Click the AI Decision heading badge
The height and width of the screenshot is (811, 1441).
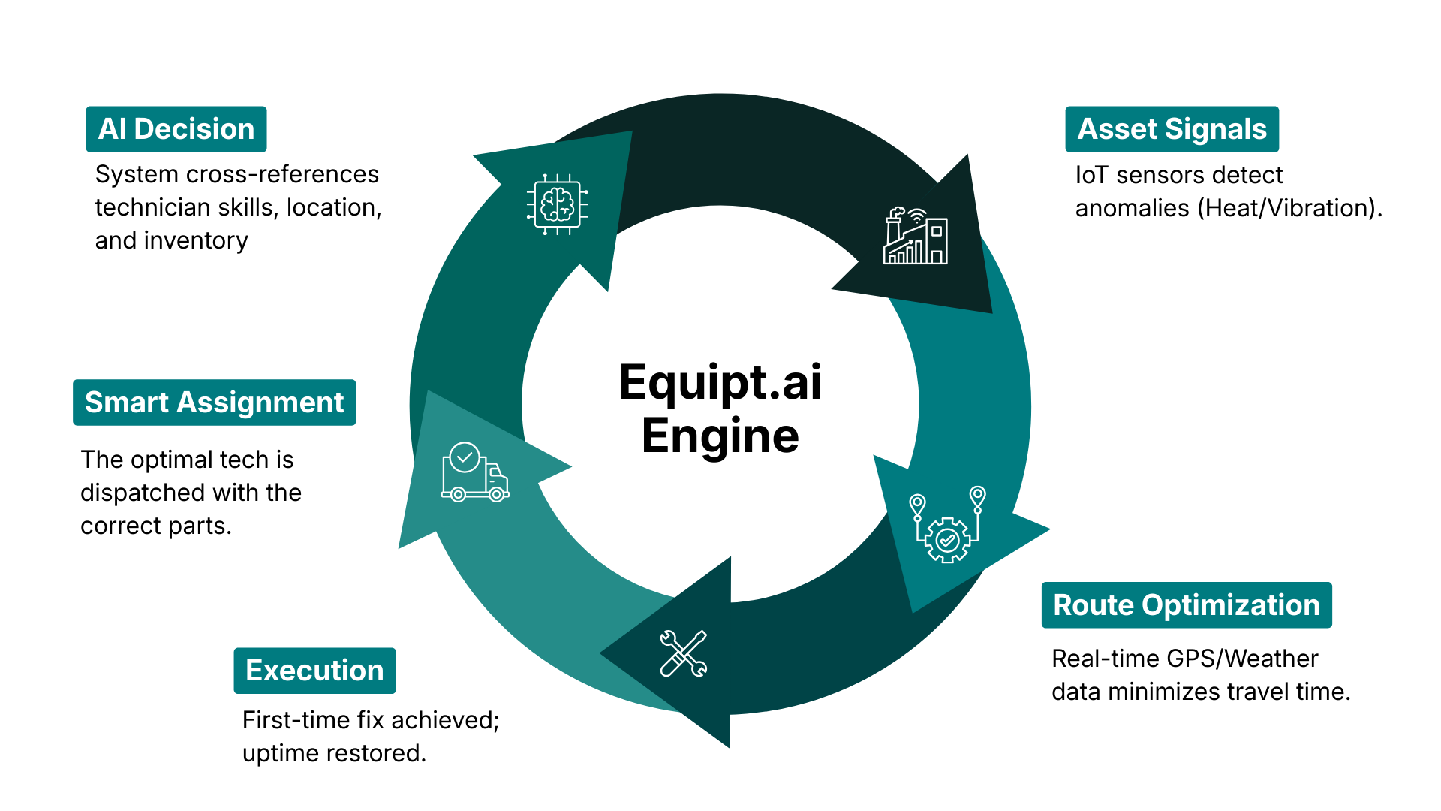(176, 129)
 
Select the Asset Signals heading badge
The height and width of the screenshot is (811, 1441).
(1172, 129)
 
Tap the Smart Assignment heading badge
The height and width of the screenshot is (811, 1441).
(214, 402)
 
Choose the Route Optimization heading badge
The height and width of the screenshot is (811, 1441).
(1186, 605)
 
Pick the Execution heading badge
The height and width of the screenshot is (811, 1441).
(314, 671)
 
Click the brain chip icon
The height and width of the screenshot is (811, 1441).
(557, 204)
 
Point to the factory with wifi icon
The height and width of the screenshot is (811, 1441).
(916, 236)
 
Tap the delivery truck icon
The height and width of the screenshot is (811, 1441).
(475, 472)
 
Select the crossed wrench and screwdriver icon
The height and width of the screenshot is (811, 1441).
(684, 653)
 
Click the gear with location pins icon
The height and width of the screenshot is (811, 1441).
(947, 526)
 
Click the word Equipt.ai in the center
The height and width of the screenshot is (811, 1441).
(720, 382)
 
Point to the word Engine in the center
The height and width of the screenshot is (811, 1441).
(720, 436)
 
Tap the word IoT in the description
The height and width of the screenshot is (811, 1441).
(1091, 175)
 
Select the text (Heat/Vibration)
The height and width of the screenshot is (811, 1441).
(1289, 208)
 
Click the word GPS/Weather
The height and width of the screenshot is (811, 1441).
(1242, 659)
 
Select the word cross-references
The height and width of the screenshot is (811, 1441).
(282, 174)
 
